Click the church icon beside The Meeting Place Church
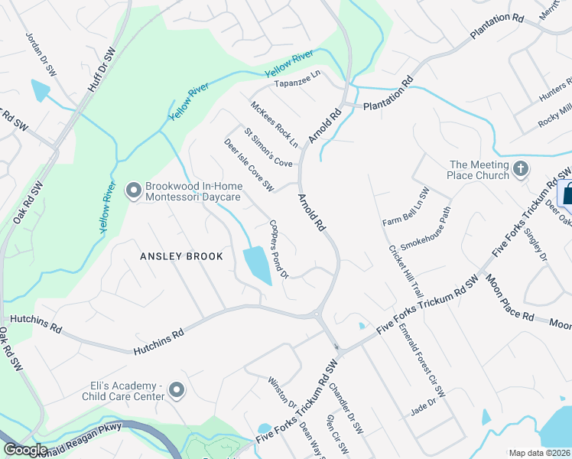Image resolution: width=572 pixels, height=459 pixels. point(520,168)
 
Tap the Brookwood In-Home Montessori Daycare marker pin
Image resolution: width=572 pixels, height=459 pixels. point(133,189)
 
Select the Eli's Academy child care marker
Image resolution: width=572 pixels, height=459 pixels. point(177,391)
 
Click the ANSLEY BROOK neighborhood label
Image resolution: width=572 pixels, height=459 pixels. point(181,256)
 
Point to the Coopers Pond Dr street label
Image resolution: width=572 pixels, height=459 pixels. point(278,249)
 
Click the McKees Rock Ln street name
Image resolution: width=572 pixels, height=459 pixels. point(274,122)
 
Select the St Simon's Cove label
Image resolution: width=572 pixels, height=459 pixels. point(268,147)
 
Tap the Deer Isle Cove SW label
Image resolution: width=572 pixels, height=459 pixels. point(249,164)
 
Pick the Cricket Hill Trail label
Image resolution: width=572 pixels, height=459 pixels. point(405,271)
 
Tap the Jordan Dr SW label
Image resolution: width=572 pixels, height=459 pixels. point(41,53)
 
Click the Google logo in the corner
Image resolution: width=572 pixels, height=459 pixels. point(25,450)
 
